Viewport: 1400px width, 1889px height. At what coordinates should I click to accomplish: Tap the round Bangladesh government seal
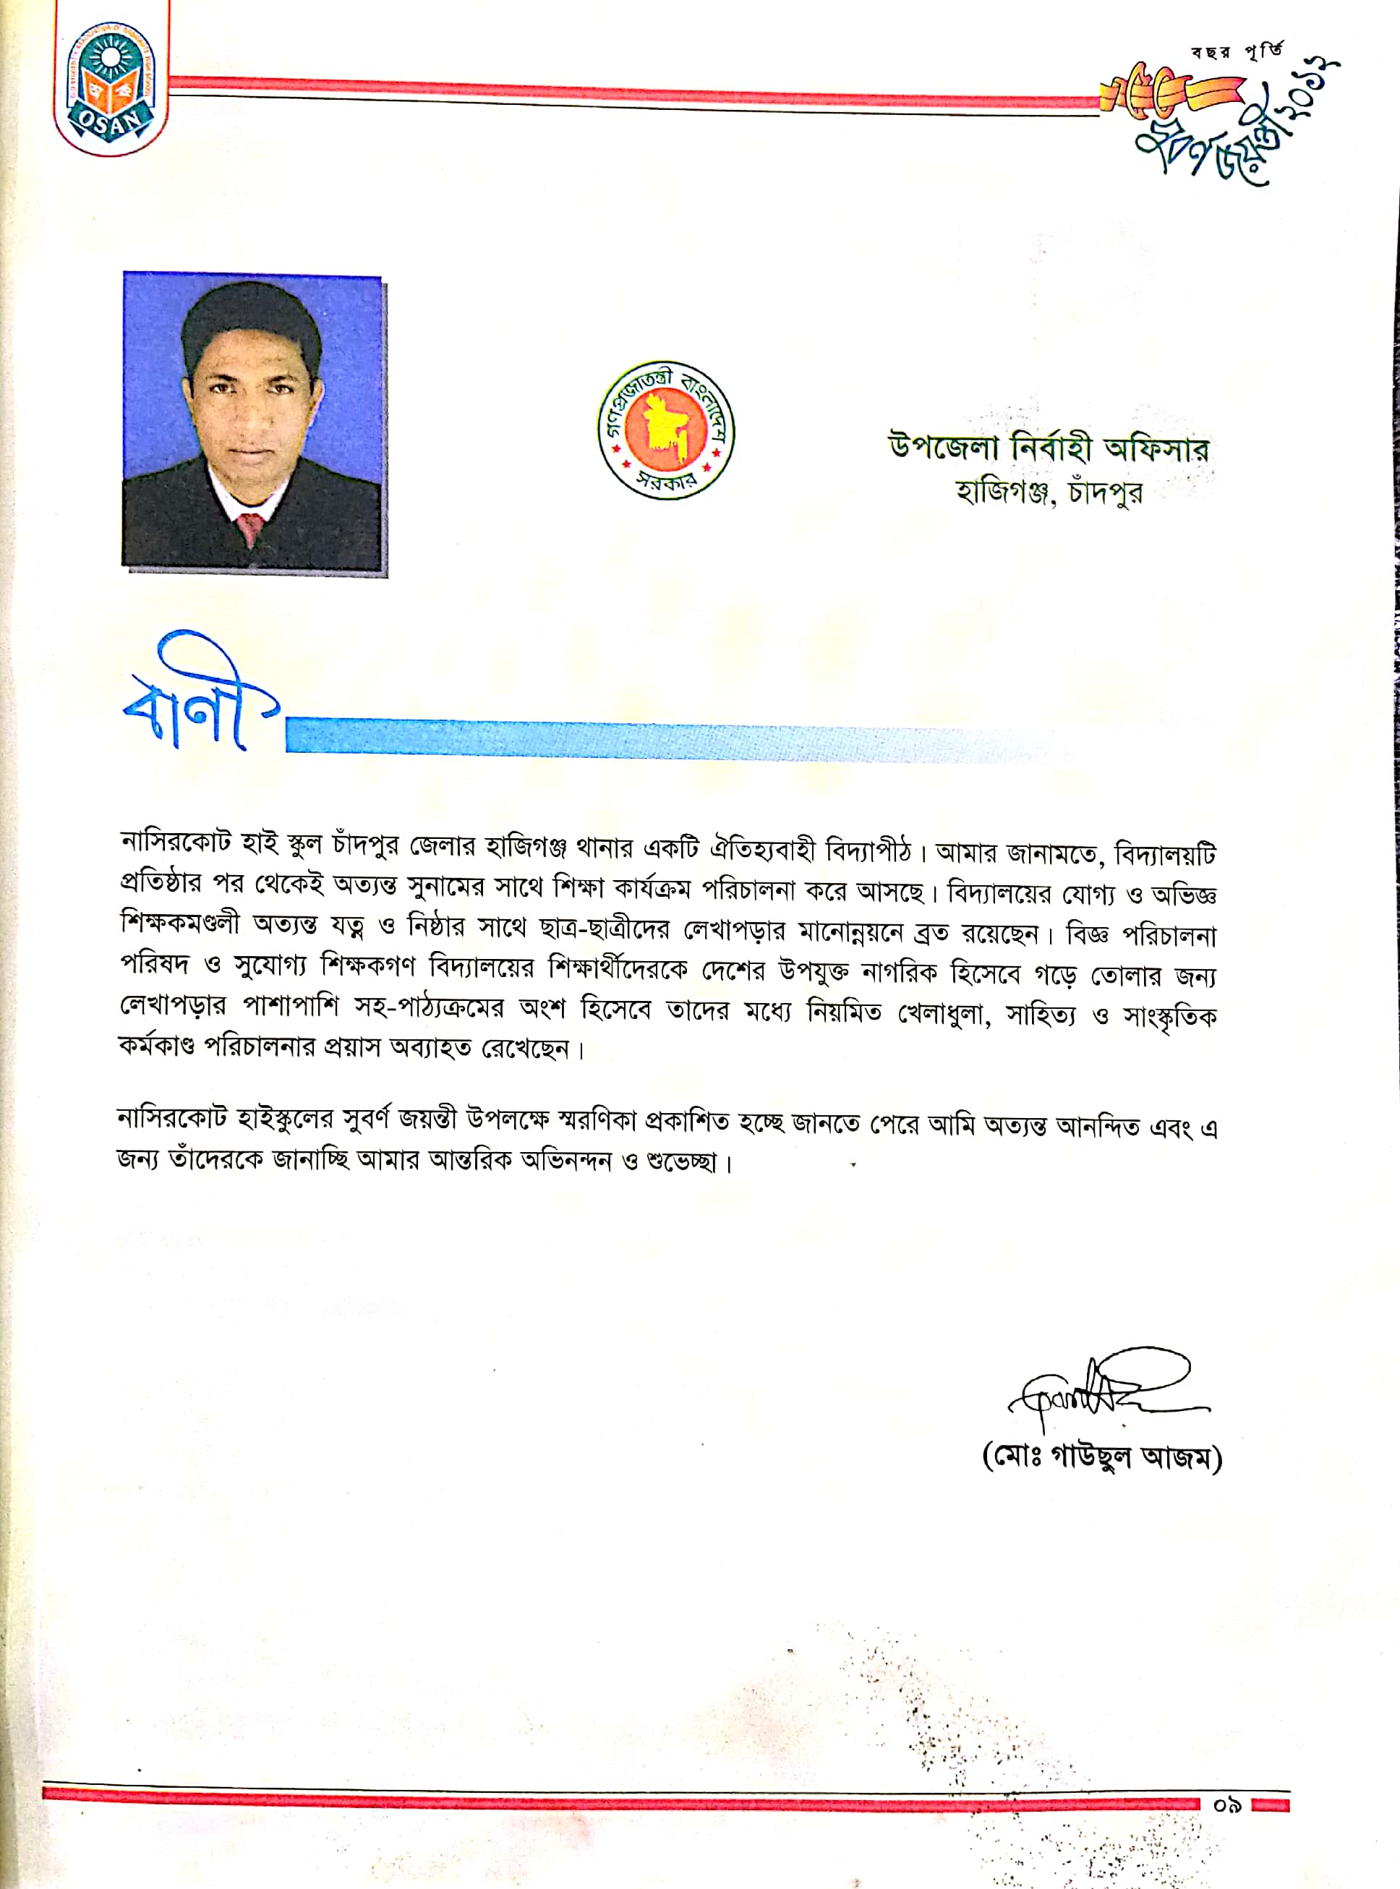(665, 430)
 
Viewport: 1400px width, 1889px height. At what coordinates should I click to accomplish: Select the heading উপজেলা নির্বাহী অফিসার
(1049, 448)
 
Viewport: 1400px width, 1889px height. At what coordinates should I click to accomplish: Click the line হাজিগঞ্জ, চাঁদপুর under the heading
(1049, 492)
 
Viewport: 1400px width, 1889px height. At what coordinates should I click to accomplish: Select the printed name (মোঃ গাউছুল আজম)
(1101, 1459)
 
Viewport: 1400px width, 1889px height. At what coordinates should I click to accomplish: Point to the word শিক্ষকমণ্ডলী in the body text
(179, 923)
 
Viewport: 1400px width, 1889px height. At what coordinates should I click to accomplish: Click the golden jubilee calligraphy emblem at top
(1221, 119)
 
